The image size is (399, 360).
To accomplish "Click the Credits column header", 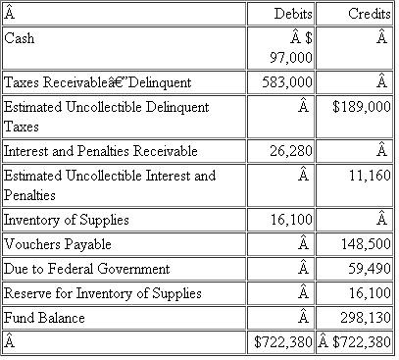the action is point(369,15).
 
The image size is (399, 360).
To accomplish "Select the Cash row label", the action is point(19,38).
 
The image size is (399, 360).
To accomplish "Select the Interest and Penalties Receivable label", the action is point(101,151).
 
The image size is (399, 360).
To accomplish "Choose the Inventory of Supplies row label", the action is point(67,220).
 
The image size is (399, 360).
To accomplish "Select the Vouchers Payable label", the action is point(58,244).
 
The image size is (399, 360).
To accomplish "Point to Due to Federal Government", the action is point(87,269).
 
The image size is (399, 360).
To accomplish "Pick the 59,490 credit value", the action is point(369,269).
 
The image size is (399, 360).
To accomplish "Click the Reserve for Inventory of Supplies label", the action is point(103,293).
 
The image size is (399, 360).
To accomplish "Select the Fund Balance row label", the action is point(44,318).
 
